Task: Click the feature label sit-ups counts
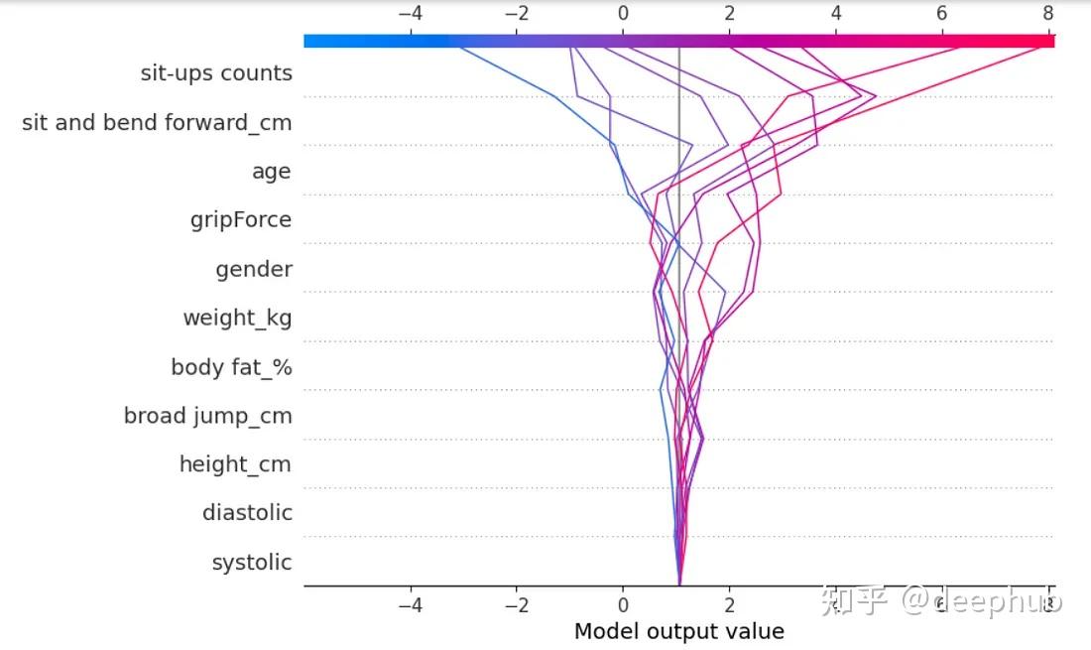[216, 73]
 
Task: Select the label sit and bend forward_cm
[157, 123]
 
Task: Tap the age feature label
[271, 172]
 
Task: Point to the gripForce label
[241, 219]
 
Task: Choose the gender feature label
[254, 269]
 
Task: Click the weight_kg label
[237, 318]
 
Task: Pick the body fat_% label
[231, 367]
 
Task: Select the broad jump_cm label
[207, 416]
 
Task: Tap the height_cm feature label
[235, 464]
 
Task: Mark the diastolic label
[247, 513]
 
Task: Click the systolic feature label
[252, 563]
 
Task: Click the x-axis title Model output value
[679, 631]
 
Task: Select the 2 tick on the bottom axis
[729, 605]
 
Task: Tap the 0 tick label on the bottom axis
[623, 605]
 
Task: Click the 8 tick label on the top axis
[1047, 14]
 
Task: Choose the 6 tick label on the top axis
[941, 14]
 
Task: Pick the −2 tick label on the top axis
[517, 14]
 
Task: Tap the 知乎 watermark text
[854, 600]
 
